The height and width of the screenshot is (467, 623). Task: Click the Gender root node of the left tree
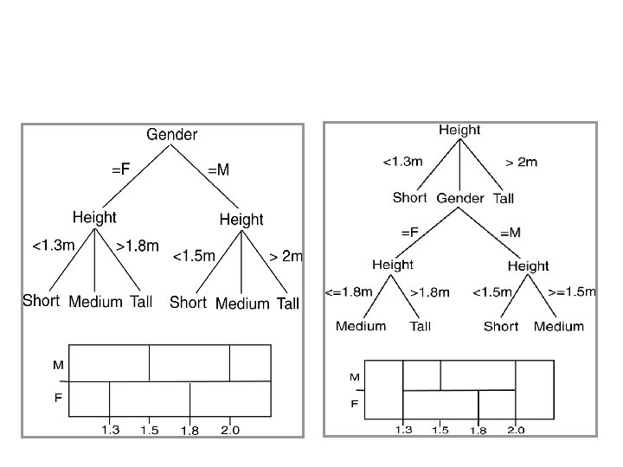[171, 135]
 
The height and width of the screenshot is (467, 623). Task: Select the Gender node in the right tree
[460, 198]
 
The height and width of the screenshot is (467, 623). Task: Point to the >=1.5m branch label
[572, 292]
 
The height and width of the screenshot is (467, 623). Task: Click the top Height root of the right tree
[459, 131]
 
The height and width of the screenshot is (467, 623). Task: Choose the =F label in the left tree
[121, 170]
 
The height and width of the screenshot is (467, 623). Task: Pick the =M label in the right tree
[511, 232]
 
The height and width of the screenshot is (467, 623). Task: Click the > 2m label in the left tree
[286, 256]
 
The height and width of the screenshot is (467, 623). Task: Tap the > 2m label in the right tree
[522, 162]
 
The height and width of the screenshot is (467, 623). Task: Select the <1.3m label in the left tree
[53, 246]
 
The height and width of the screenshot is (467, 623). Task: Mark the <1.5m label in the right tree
[492, 293]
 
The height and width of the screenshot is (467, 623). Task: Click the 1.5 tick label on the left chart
[149, 430]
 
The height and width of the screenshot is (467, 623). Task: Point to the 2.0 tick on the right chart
[516, 430]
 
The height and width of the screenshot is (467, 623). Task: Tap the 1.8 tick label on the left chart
[189, 431]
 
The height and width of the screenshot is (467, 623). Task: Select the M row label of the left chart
[58, 365]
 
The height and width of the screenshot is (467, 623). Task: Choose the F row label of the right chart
[355, 403]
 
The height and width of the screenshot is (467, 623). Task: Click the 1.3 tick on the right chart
[403, 430]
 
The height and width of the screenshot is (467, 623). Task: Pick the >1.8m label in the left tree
[138, 246]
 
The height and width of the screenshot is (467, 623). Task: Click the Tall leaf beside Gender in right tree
[504, 198]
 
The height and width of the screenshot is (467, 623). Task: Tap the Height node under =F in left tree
[94, 217]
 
